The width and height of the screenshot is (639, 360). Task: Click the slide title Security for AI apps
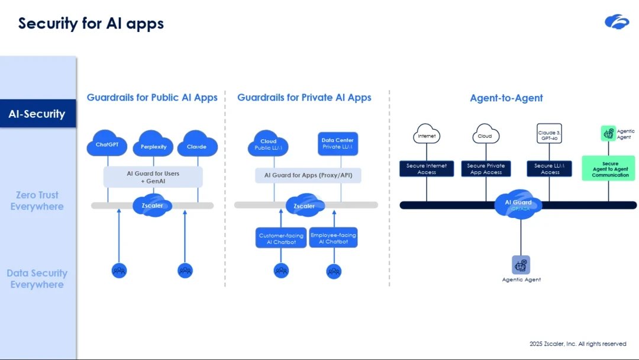coord(91,23)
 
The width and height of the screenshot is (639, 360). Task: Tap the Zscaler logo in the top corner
coord(617,22)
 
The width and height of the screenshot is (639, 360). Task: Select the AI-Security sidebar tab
coord(37,114)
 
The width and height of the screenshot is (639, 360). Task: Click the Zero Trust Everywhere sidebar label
coord(37,201)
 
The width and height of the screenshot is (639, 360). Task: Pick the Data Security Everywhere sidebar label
coord(37,279)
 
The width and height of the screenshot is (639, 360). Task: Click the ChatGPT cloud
coord(107,144)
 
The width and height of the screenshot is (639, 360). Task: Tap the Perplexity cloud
coord(153,146)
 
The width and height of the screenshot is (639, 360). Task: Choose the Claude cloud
coord(196,146)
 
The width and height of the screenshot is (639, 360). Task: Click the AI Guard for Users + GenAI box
coord(153,177)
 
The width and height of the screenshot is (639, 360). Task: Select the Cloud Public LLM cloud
coord(269,144)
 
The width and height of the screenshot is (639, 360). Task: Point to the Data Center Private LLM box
coord(337,144)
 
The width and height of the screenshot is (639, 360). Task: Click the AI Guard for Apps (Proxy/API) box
coord(308,175)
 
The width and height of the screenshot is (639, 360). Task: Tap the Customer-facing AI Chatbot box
coord(281,238)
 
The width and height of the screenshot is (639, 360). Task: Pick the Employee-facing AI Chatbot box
coord(333,238)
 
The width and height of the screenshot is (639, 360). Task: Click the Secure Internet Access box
coord(427,169)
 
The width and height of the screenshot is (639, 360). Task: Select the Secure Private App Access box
coord(485,169)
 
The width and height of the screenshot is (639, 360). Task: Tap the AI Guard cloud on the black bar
coord(518,204)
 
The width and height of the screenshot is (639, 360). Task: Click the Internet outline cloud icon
coord(427,134)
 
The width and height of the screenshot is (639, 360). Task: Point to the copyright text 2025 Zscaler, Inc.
coord(577,344)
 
